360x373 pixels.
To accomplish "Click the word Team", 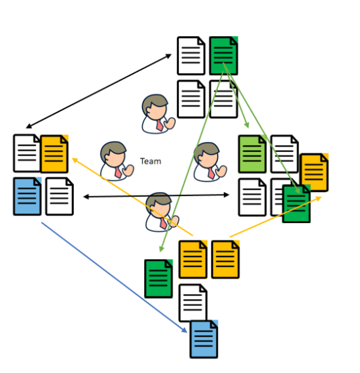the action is pyautogui.click(x=150, y=161).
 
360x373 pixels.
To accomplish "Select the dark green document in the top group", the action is pyautogui.click(x=223, y=56).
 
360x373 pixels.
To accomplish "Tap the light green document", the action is pyautogui.click(x=252, y=154).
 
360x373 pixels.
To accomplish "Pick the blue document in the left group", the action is pyautogui.click(x=27, y=196).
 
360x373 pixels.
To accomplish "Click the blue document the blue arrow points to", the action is pyautogui.click(x=204, y=340).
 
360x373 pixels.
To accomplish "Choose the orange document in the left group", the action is pyautogui.click(x=54, y=153).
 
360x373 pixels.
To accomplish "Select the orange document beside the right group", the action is pyautogui.click(x=314, y=173).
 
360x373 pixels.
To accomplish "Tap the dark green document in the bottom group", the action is pyautogui.click(x=159, y=279).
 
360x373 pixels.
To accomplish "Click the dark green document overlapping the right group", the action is pyautogui.click(x=296, y=204).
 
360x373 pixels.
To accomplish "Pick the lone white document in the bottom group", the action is pyautogui.click(x=193, y=303).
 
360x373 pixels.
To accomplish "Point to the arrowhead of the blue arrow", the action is pyautogui.click(x=184, y=330).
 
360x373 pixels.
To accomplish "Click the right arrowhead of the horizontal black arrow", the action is pyautogui.click(x=226, y=195).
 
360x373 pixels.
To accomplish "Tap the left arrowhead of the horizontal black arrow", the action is pyautogui.click(x=86, y=197).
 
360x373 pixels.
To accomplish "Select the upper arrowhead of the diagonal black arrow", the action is pyautogui.click(x=169, y=56).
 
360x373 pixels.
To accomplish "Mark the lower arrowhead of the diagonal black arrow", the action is pyautogui.click(x=29, y=126).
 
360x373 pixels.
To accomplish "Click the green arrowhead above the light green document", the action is pyautogui.click(x=247, y=125).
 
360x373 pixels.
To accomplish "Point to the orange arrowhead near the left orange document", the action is pyautogui.click(x=75, y=160).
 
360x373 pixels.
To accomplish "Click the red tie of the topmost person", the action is pyautogui.click(x=160, y=125).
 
